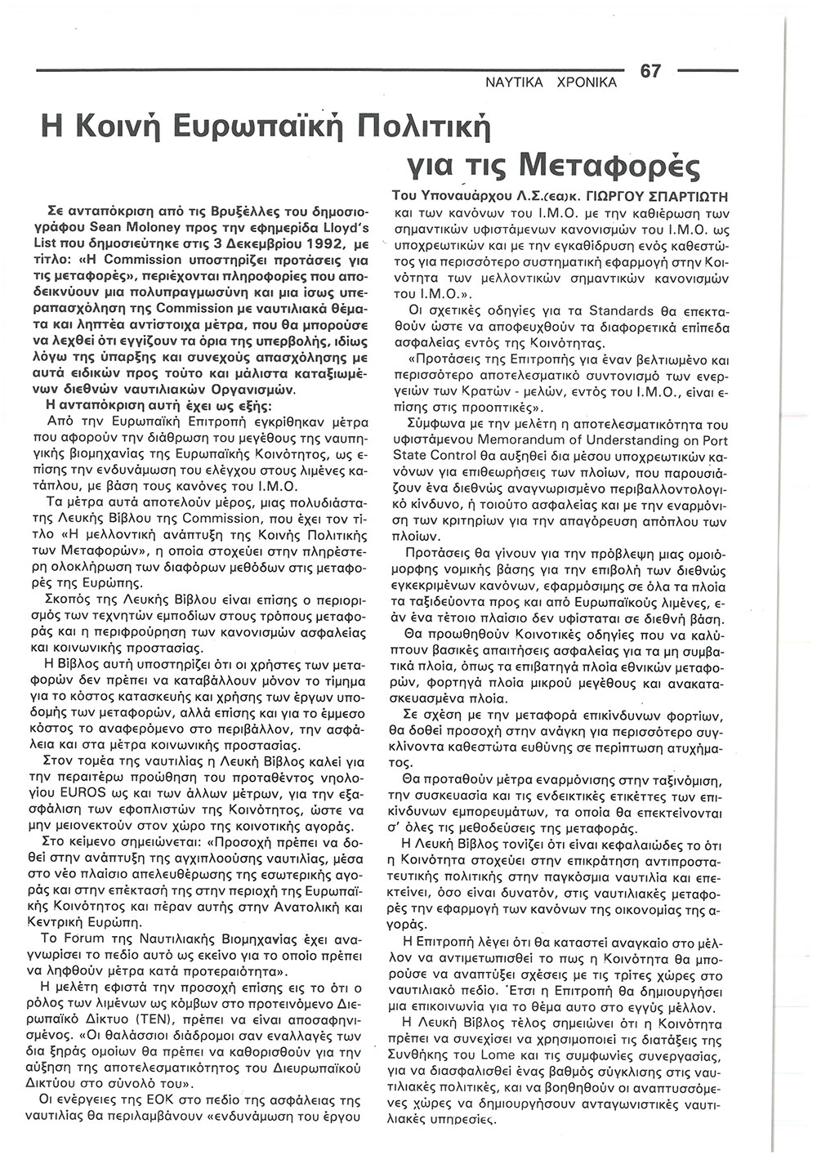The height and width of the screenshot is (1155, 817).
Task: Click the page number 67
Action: (650, 71)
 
